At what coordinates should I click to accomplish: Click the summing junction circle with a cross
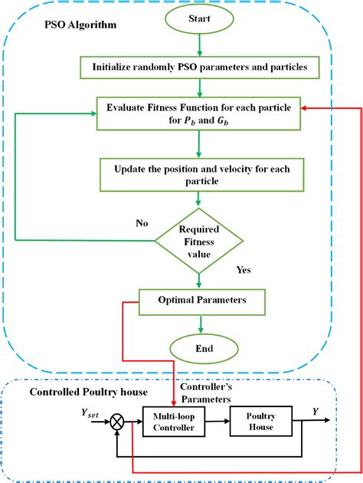118,421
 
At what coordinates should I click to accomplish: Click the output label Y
315,411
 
